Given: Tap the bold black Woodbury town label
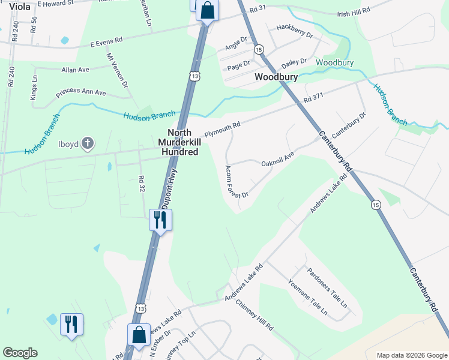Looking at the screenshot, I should (x=277, y=77).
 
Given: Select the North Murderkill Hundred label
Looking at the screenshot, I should (x=178, y=143).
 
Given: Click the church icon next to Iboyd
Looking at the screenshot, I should (x=88, y=143).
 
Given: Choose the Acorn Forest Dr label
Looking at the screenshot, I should (x=236, y=182).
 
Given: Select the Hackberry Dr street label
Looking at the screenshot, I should (x=295, y=32).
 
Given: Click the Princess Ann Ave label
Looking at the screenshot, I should (x=80, y=94).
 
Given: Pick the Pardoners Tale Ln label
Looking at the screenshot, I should (x=327, y=287).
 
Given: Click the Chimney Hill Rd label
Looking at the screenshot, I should (x=254, y=316).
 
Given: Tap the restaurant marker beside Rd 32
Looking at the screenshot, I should (x=160, y=220).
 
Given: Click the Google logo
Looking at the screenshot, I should (x=20, y=353).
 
